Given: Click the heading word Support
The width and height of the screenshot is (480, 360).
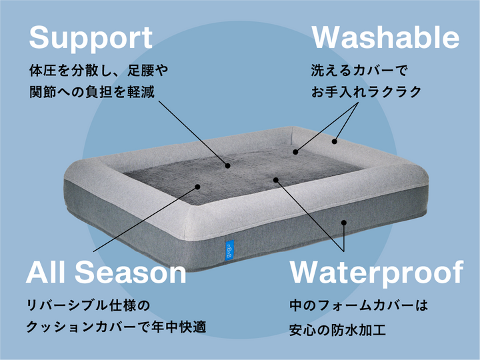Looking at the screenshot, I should [x=91, y=38].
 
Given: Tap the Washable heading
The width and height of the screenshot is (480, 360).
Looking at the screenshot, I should [x=386, y=38].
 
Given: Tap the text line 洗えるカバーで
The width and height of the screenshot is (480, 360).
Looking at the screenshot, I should [x=359, y=69].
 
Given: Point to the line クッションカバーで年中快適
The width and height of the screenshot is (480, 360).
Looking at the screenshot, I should [x=115, y=327].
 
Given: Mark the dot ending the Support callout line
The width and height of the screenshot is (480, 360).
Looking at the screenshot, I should [x=227, y=165].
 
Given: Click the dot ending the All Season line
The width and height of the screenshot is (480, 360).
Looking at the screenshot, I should [x=197, y=187].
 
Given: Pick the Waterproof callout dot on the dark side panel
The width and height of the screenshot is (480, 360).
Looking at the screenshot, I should [x=344, y=223].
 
